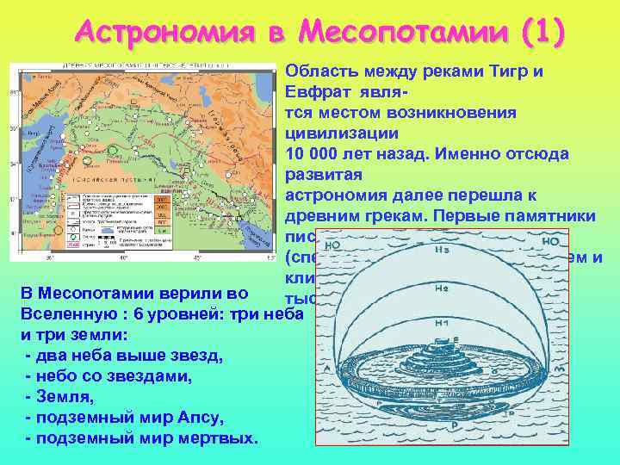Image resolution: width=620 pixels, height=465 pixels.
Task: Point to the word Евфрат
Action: (316, 92)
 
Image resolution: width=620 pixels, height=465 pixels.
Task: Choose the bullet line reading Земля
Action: (60, 397)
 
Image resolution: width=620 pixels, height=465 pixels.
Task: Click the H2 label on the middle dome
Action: (443, 289)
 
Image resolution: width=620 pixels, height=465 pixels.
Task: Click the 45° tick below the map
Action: (199, 257)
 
